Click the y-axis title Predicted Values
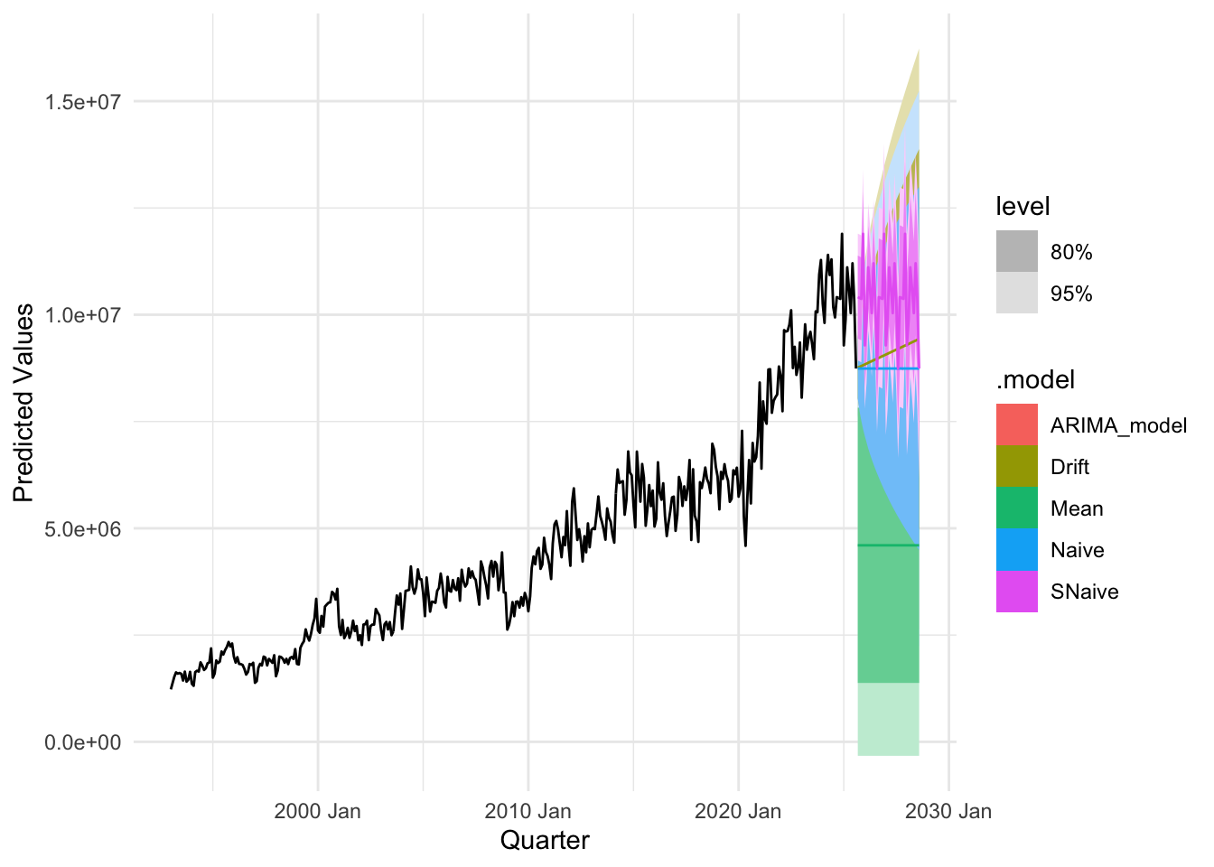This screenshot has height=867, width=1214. tap(23, 403)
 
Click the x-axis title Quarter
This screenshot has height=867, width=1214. tap(545, 841)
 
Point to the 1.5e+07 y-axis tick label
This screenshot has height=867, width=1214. tap(83, 102)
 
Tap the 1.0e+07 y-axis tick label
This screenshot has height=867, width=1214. tap(83, 315)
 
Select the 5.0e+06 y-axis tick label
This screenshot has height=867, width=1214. tap(83, 529)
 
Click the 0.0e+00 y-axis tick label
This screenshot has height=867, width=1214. tap(83, 742)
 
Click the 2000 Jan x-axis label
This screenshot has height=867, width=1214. tap(317, 811)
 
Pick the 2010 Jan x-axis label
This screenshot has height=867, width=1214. tap(528, 811)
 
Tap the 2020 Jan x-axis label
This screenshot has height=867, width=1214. tap(738, 811)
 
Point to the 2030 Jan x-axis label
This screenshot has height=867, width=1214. tap(948, 811)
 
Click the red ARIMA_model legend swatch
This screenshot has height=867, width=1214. tap(1017, 425)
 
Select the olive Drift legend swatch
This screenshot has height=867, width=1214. tap(1017, 467)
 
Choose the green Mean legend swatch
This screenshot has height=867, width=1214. tap(1017, 508)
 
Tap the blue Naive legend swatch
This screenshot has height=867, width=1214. tap(1017, 550)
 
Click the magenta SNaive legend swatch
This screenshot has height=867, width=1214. tap(1017, 592)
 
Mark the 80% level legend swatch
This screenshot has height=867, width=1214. tap(1017, 252)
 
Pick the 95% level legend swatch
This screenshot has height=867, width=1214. tap(1017, 294)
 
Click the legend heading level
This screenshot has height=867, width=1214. tap(1023, 207)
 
